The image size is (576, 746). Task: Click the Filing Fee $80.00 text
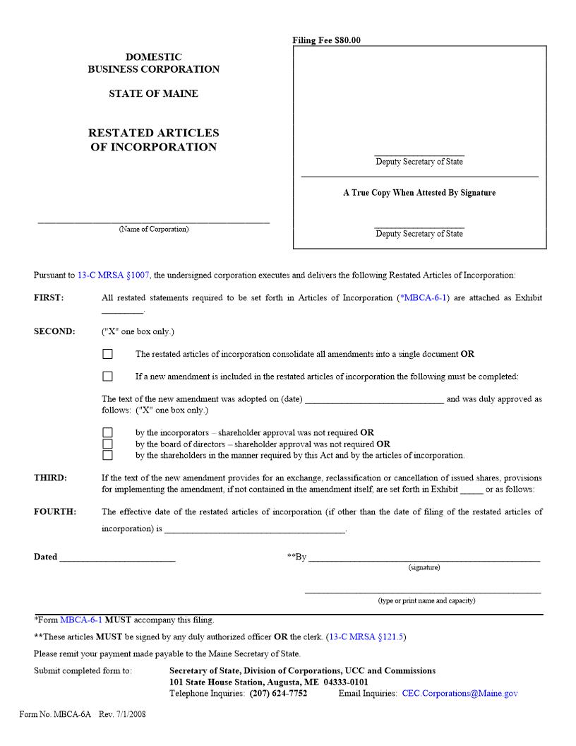click(326, 40)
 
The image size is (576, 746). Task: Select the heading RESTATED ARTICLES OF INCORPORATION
click(153, 140)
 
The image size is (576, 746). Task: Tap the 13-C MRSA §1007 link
click(114, 275)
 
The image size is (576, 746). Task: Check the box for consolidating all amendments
click(107, 354)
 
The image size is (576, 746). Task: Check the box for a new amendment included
click(107, 377)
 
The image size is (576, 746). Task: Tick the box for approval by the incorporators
click(107, 432)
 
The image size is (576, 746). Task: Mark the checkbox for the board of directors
click(107, 444)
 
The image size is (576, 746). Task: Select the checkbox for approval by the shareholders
click(107, 456)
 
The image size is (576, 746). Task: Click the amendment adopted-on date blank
click(374, 399)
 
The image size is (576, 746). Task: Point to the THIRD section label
click(50, 478)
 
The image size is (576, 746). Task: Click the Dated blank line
click(117, 557)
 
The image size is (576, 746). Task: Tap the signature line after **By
click(424, 557)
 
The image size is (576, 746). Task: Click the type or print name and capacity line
click(423, 591)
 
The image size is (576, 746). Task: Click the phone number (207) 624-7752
click(278, 693)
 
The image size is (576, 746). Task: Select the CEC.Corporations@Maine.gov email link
click(460, 693)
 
